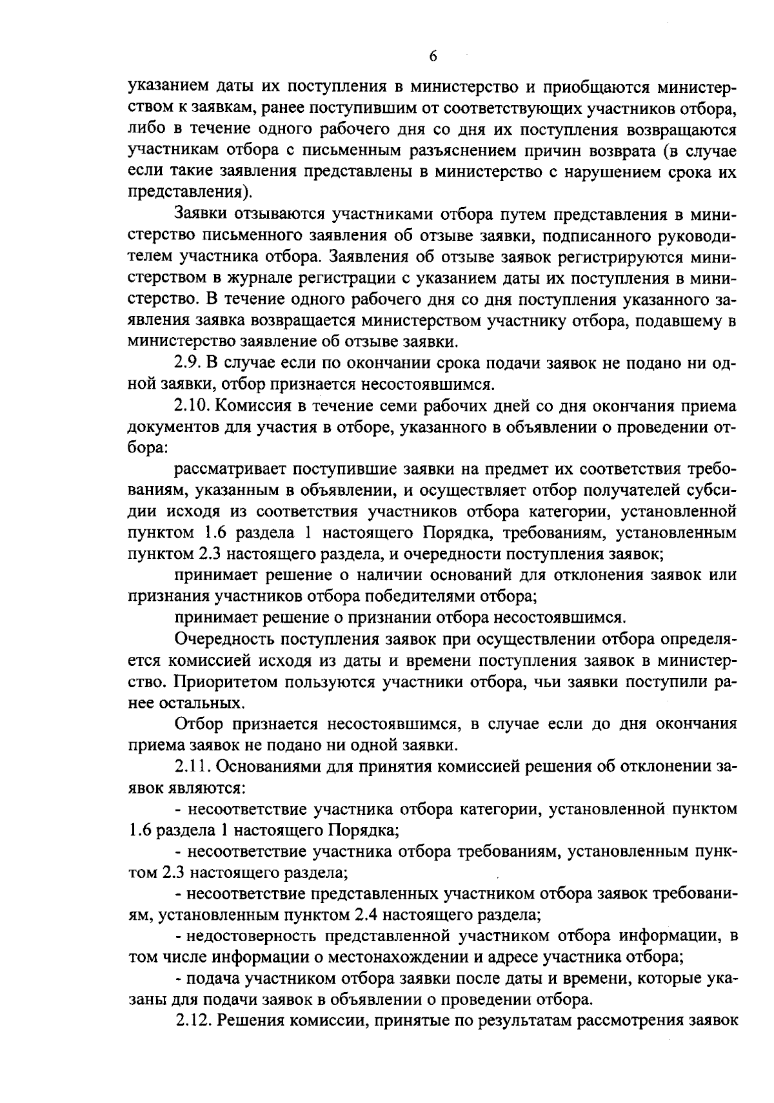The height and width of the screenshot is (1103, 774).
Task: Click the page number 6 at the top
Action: coord(433,57)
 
